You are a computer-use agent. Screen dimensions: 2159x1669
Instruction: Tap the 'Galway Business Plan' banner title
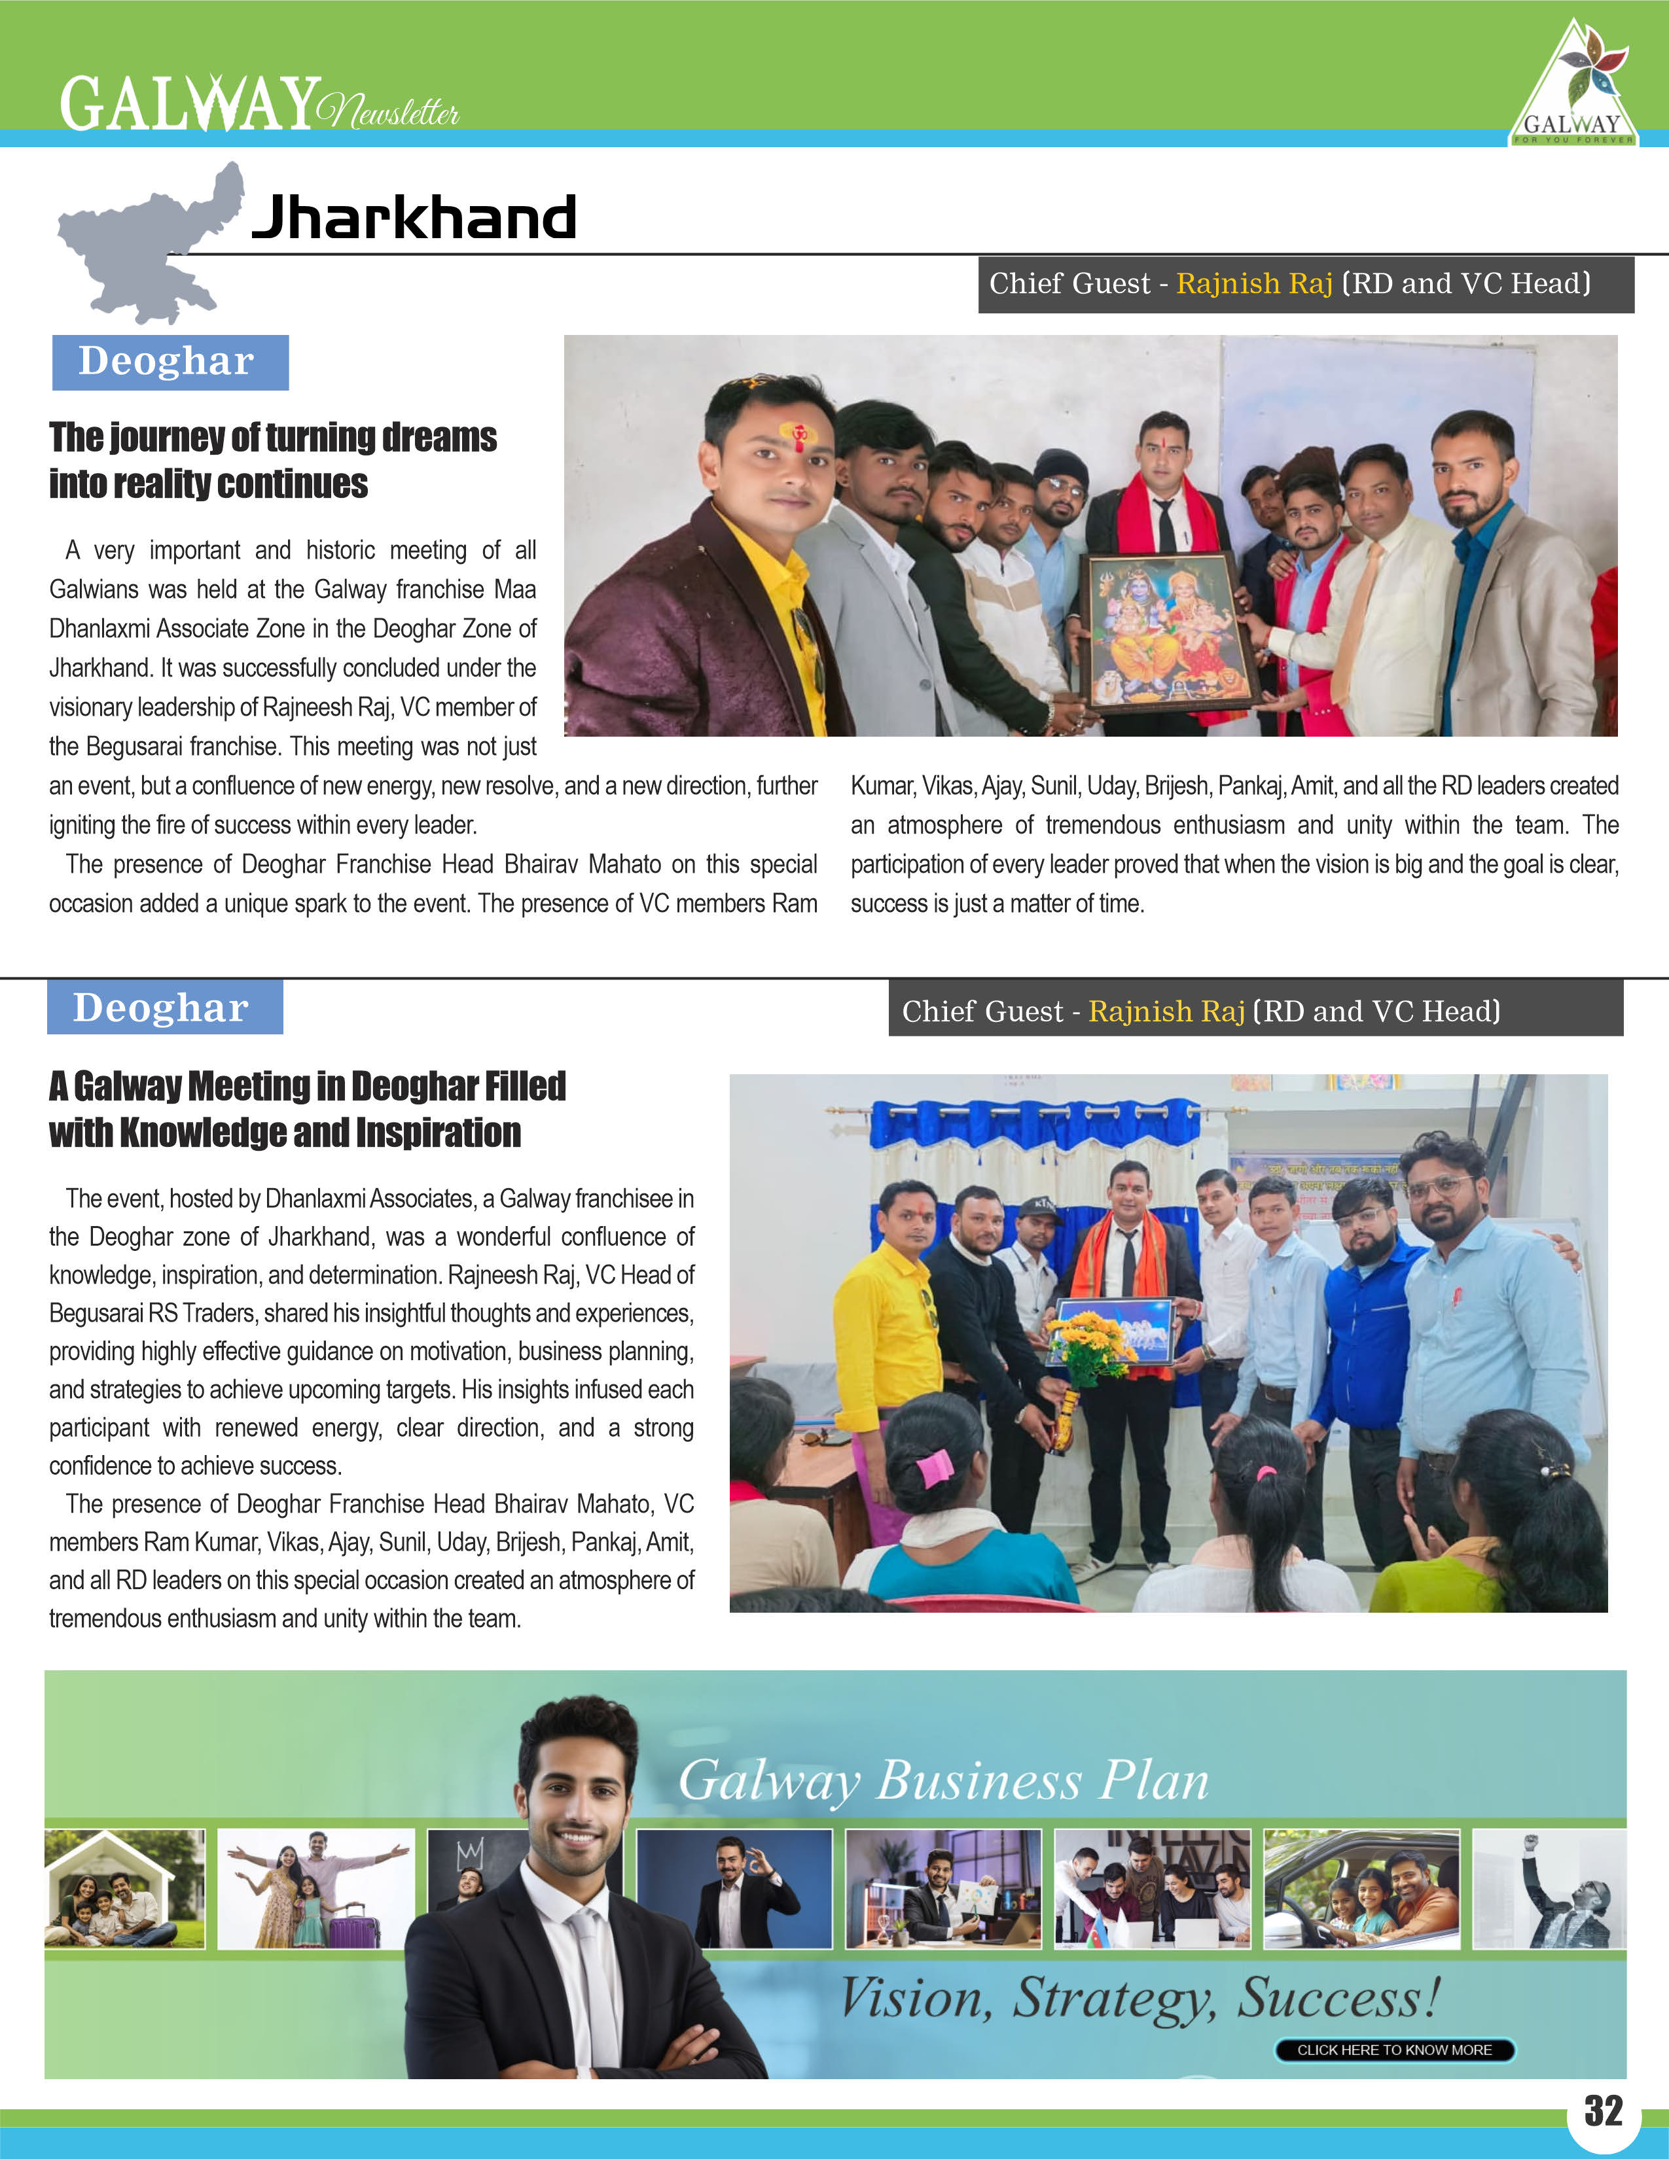pos(943,1782)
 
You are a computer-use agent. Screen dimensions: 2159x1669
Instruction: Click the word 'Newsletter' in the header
pos(389,111)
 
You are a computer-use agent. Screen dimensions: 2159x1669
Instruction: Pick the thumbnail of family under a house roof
pos(124,1888)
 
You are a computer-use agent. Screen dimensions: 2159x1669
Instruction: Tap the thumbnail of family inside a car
pos(1361,1888)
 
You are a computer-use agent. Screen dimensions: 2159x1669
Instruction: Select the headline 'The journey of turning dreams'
pos(273,437)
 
